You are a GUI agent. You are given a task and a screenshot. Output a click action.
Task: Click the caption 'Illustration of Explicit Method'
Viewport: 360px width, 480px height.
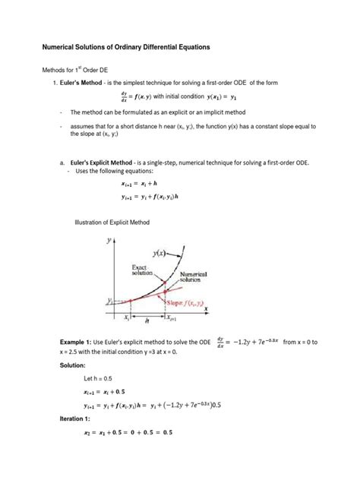(112, 222)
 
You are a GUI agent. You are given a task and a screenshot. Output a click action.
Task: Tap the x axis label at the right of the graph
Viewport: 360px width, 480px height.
(206, 310)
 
